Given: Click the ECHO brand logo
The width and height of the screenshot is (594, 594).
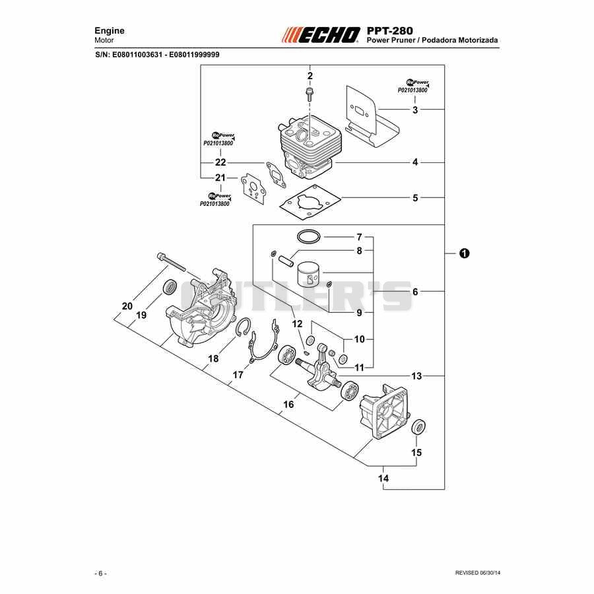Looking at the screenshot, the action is (321, 35).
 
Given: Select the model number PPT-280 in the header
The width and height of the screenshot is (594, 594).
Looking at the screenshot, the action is (390, 30).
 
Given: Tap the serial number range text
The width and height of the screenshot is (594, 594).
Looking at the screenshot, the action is (157, 55).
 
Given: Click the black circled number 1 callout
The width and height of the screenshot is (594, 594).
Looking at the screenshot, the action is (464, 253).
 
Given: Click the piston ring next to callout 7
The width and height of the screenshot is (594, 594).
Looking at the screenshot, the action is (309, 237).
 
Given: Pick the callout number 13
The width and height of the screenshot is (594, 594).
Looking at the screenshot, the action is (416, 376).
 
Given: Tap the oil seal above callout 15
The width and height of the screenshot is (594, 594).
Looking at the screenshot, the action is (418, 427).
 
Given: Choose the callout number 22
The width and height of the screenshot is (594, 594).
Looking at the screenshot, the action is (220, 162).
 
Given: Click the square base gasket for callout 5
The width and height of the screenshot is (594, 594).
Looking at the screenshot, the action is (310, 203).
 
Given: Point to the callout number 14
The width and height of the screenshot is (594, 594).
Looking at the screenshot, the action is (383, 478).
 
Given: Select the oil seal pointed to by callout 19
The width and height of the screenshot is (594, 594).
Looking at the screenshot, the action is (170, 287).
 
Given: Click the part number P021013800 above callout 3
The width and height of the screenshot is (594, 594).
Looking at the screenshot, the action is (412, 90).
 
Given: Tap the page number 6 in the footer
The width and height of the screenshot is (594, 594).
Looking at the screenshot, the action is (100, 574).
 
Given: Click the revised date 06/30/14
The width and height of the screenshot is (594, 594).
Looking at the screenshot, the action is (490, 573).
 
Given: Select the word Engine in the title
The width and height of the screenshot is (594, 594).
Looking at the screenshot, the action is (109, 30).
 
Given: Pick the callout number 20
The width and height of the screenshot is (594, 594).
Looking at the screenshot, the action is (127, 306).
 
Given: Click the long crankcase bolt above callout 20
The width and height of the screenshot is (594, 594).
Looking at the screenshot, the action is (171, 261).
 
